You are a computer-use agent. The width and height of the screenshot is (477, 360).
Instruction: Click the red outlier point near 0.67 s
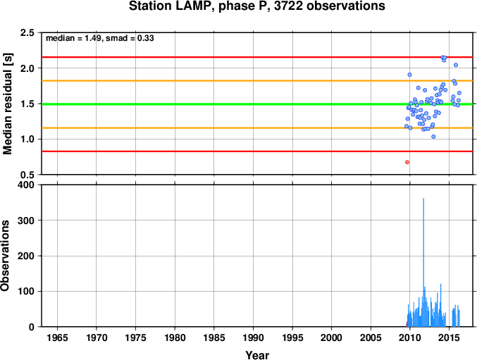click(x=407, y=162)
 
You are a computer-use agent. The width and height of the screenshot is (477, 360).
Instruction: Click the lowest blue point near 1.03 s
click(x=433, y=137)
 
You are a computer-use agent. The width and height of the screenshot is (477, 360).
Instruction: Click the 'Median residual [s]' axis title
click(x=7, y=104)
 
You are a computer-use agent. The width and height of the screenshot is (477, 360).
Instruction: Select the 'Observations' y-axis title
click(x=5, y=256)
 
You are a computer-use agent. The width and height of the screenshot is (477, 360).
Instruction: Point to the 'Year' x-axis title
click(x=257, y=355)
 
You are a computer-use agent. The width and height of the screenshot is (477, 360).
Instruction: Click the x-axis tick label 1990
click(x=253, y=337)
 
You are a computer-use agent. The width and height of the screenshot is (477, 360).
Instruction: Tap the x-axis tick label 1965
click(x=57, y=337)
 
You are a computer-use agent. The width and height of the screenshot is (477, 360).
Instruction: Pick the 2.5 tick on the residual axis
click(x=27, y=32)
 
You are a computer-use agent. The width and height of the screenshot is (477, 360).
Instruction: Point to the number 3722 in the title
click(x=288, y=6)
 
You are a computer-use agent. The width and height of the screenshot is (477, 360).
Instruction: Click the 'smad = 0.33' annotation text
click(x=130, y=38)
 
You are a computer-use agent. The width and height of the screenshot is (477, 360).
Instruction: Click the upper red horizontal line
click(x=257, y=57)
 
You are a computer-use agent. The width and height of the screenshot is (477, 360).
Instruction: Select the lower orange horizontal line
click(x=257, y=128)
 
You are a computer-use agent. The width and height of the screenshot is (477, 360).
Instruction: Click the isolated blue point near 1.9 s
click(x=409, y=75)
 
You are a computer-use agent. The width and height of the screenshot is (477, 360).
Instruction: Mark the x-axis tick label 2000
click(x=332, y=337)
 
